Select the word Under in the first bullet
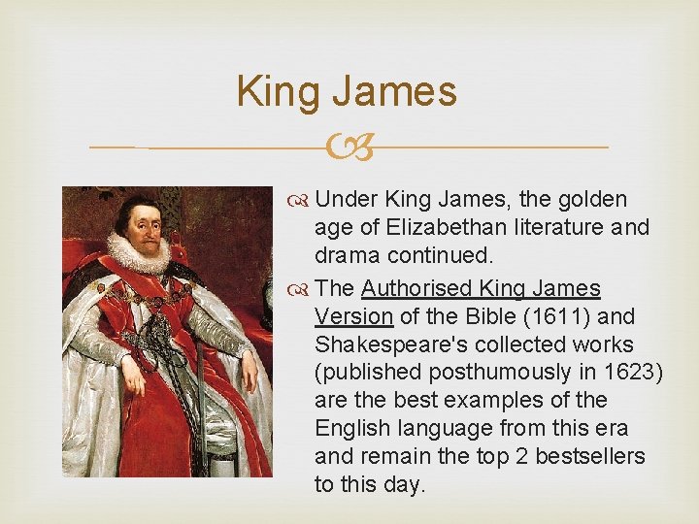point(347,200)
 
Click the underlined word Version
point(353,316)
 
